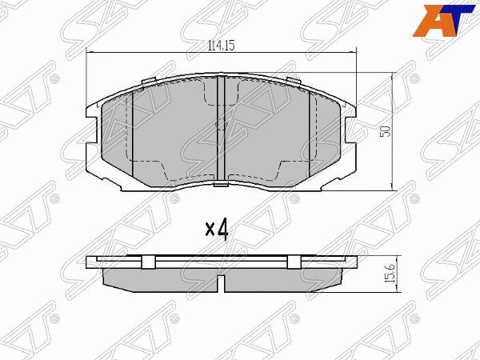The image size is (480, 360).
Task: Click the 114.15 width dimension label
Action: (x=222, y=46)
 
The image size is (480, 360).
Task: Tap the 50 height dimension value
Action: (x=386, y=131)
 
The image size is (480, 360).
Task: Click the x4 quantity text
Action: (x=217, y=230)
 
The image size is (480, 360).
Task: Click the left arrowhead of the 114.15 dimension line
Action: (x=90, y=53)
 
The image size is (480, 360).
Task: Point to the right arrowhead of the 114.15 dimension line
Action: (x=354, y=53)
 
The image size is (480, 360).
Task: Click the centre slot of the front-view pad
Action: (x=221, y=130)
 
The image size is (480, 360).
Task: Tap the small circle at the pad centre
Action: (x=221, y=124)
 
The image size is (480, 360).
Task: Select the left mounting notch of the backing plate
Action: (x=91, y=130)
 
